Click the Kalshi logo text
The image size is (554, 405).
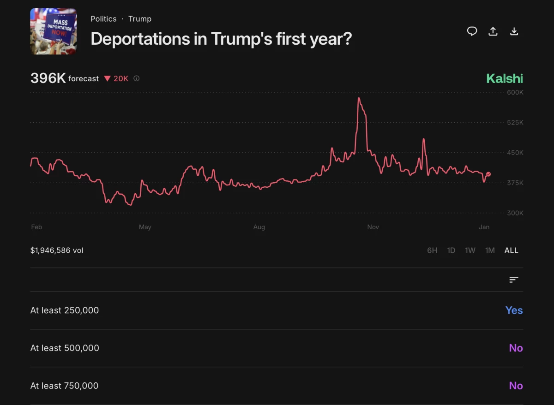[504, 78]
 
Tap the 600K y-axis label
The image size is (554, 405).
[515, 92]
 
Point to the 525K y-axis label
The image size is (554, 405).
[515, 123]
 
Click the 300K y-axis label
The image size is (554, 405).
[515, 213]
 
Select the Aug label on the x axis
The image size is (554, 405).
[259, 227]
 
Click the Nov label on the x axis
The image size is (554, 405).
[373, 227]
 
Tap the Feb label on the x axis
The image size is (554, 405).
[36, 227]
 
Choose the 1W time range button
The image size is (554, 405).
[470, 250]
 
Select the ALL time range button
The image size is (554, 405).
[511, 250]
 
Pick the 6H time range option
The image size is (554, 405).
[432, 250]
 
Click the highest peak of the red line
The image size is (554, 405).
[359, 98]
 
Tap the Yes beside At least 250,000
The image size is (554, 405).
[514, 310]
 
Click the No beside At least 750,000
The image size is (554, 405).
[516, 386]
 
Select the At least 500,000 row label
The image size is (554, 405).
[65, 348]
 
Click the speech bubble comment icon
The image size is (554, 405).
[472, 31]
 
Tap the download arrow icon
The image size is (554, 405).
[514, 31]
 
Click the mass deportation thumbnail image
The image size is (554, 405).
[53, 31]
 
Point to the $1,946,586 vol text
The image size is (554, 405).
[57, 250]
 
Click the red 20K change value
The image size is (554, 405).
[120, 79]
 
